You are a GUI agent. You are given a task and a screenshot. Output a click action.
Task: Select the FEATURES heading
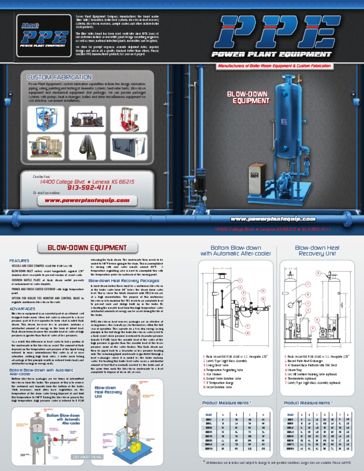click(19, 261)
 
